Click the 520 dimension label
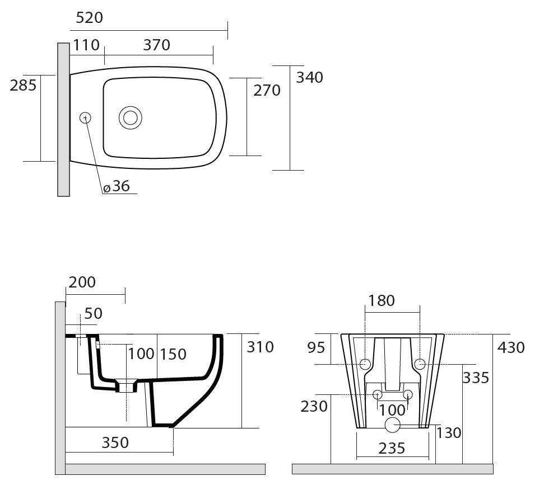[x=89, y=18]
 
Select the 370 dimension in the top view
[x=156, y=45]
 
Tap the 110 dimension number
[x=86, y=45]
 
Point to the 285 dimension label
[x=23, y=85]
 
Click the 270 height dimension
[x=267, y=91]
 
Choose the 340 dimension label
[x=309, y=77]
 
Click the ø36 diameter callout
[x=117, y=186]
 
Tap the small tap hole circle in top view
[x=85, y=118]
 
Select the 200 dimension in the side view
[x=82, y=282]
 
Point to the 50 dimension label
[x=94, y=314]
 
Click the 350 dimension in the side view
[x=115, y=442]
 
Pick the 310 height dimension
[x=260, y=347]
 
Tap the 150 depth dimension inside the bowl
[x=173, y=354]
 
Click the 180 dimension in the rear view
[x=382, y=300]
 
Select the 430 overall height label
[x=511, y=348]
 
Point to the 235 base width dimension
[x=392, y=449]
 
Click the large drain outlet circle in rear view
[x=393, y=425]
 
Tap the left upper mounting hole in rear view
[x=365, y=364]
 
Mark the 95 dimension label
[x=316, y=348]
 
